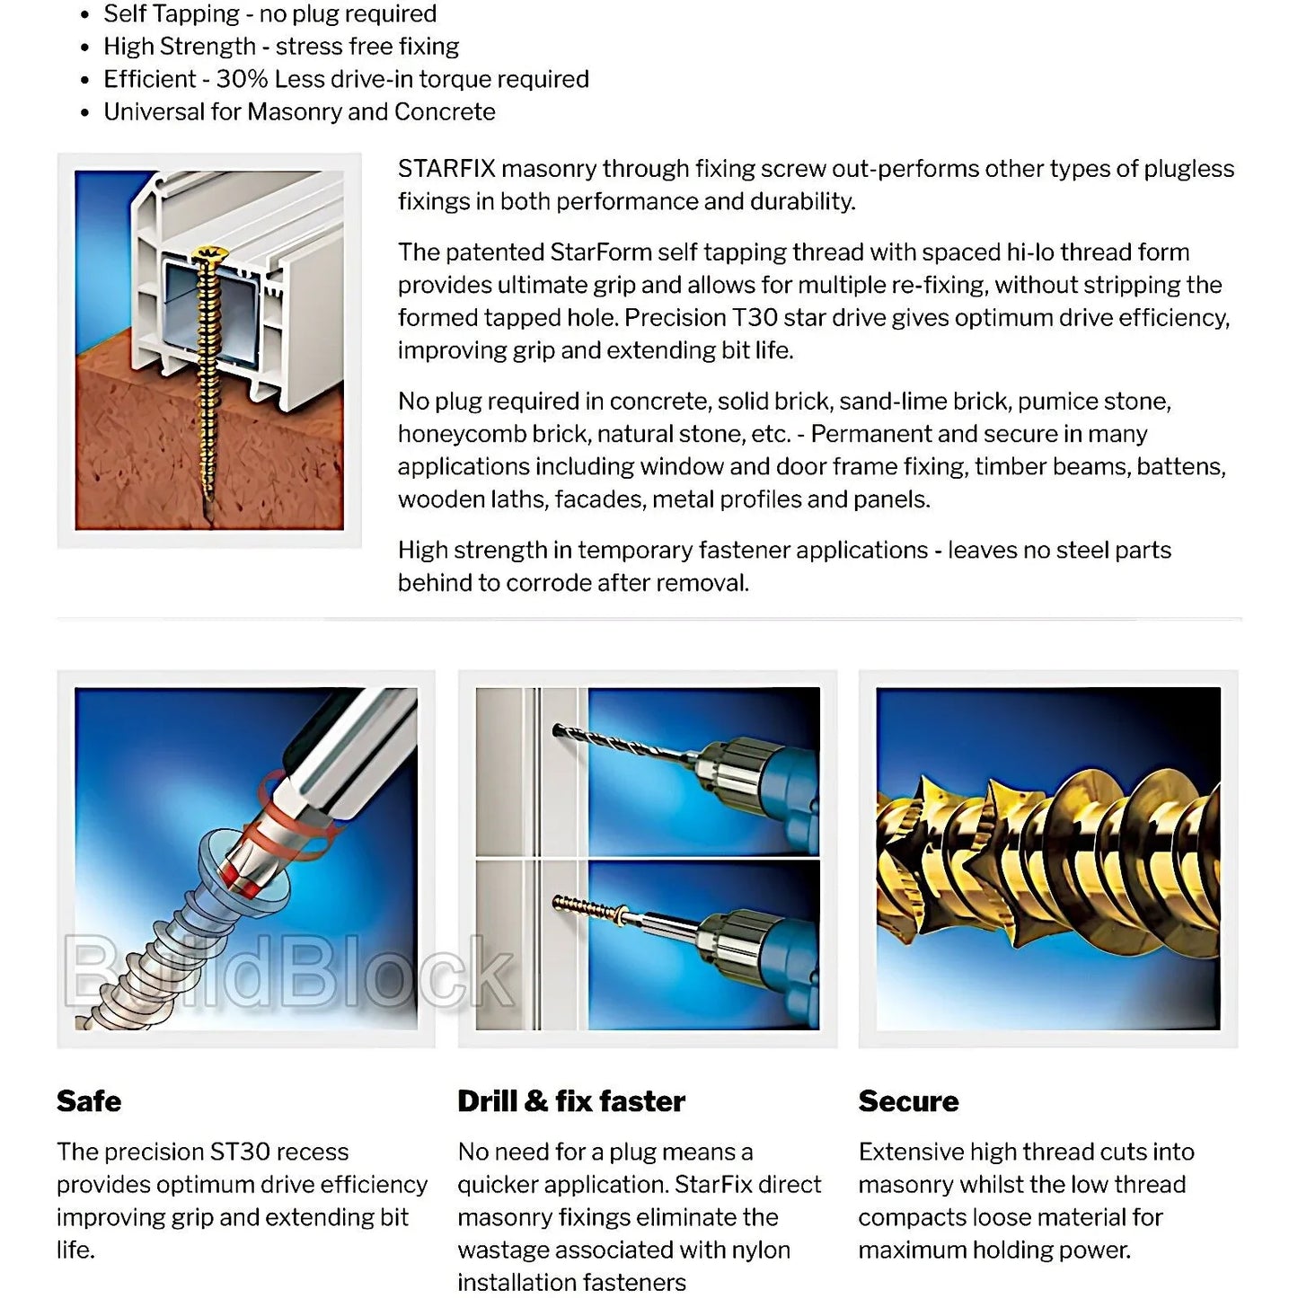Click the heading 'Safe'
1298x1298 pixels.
tap(89, 1101)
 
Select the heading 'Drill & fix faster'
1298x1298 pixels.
tap(570, 1101)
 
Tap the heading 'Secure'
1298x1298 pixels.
tap(908, 1101)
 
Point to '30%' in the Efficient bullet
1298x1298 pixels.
tap(242, 79)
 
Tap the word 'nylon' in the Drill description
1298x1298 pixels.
tap(760, 1250)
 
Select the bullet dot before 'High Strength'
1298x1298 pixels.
tap(85, 48)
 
